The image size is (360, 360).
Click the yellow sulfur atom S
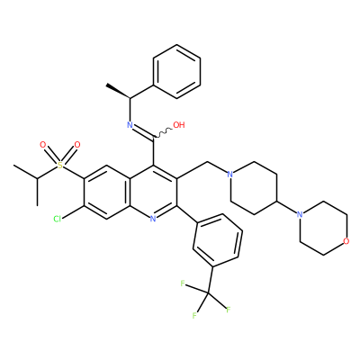(60, 165)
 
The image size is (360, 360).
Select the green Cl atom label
(58, 219)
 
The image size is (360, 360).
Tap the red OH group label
(179, 125)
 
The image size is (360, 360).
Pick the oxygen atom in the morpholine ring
(346, 241)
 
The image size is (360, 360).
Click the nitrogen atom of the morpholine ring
(299, 214)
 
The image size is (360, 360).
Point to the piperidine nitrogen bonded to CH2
(230, 174)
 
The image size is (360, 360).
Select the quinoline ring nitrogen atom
(153, 219)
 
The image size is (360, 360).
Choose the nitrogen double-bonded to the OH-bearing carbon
(130, 125)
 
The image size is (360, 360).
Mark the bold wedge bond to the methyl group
(118, 92)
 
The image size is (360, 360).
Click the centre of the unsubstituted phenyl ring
(176, 71)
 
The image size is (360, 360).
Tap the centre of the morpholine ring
(323, 228)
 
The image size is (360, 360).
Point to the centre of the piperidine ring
(254, 188)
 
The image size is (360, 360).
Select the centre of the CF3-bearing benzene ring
(218, 240)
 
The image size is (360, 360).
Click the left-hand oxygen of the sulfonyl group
(43, 145)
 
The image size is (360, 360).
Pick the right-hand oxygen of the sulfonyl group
(77, 145)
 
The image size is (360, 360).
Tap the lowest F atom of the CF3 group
(194, 316)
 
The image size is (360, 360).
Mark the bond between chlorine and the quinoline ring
(73, 211)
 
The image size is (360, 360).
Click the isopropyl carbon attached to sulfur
(38, 179)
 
